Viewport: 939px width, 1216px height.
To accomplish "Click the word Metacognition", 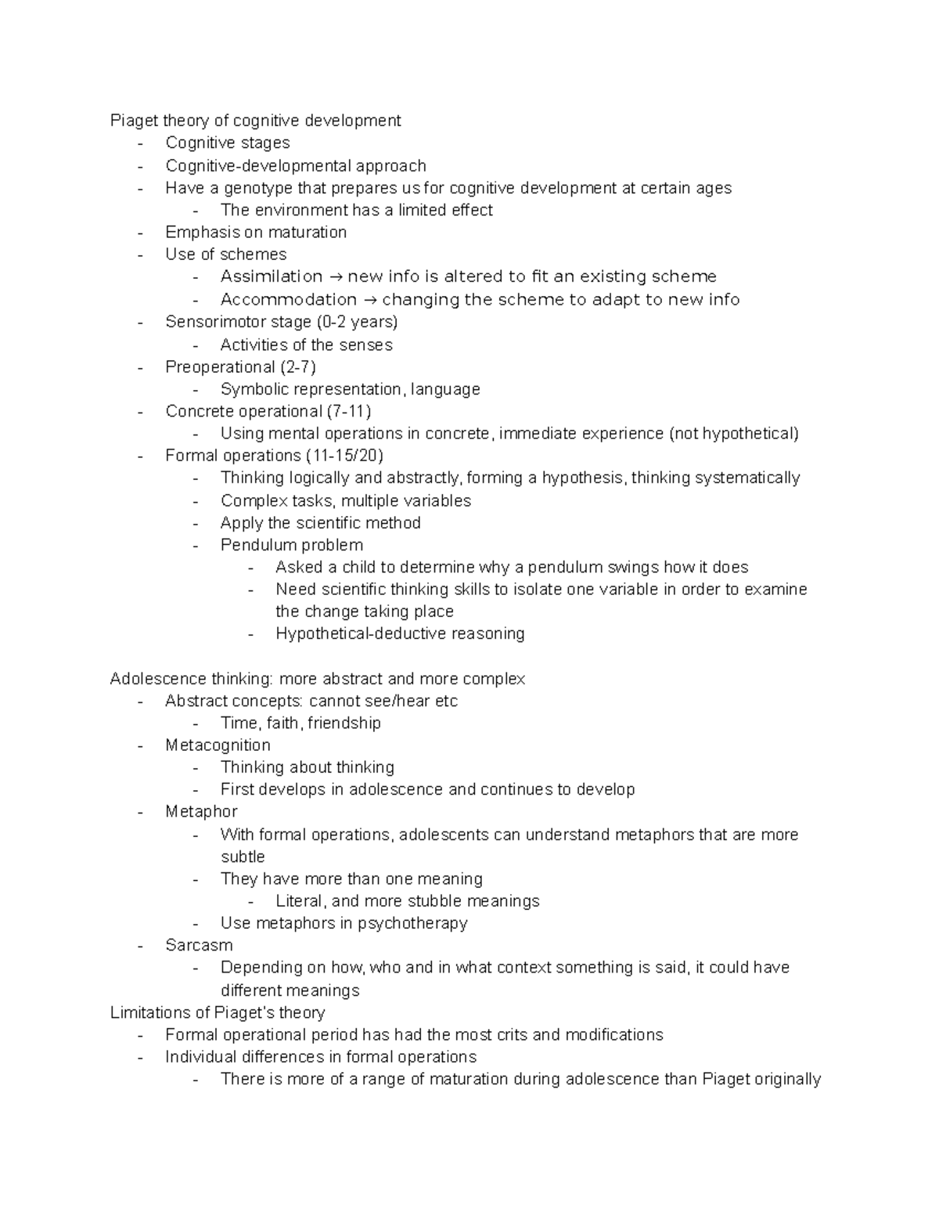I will [x=218, y=745].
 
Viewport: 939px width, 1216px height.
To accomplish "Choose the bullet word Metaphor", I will [x=201, y=812].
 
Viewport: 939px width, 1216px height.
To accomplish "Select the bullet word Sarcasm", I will [x=199, y=945].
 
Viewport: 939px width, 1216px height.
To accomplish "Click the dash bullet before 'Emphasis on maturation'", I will [x=140, y=233].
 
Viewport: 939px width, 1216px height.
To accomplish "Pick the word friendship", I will [x=344, y=723].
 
